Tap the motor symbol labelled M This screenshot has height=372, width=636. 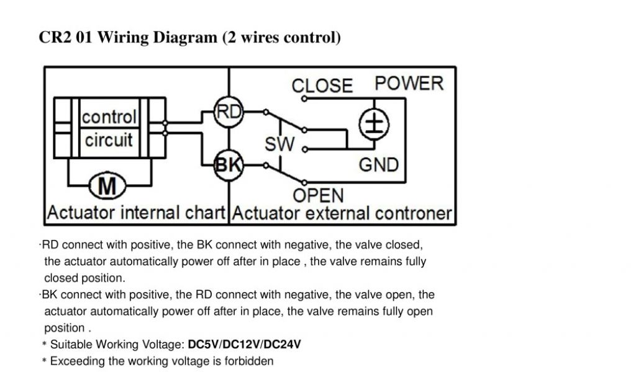(108, 185)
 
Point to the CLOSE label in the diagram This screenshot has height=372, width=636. (322, 86)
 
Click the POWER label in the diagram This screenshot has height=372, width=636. (409, 84)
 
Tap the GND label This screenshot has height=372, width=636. (378, 165)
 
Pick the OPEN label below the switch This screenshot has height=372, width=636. (318, 196)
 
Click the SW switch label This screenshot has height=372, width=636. (279, 145)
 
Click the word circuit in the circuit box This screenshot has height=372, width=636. (109, 140)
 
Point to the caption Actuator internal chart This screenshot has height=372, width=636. (136, 214)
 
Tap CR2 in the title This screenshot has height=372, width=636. (54, 38)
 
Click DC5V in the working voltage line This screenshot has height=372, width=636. (203, 344)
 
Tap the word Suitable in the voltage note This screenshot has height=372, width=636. (70, 344)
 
